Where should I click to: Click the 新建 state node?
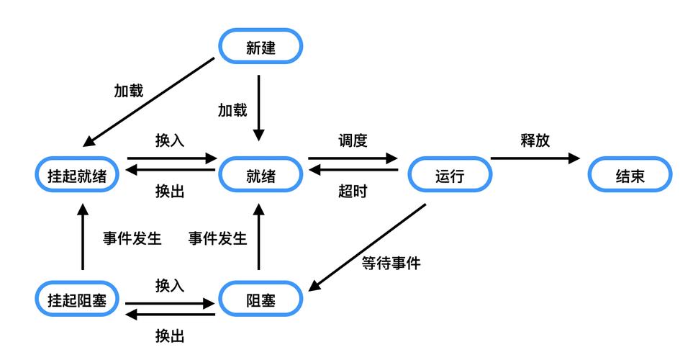[x=261, y=48]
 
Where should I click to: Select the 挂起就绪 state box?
[x=78, y=176]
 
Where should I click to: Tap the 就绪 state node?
[x=261, y=176]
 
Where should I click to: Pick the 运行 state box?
[x=450, y=176]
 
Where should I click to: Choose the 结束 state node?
[x=630, y=176]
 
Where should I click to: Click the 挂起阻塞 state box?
[x=78, y=300]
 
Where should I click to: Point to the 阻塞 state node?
[x=261, y=300]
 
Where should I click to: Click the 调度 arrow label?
[x=353, y=140]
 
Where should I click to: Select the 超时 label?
[x=353, y=192]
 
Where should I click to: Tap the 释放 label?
[x=535, y=140]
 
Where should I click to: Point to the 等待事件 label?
[x=391, y=263]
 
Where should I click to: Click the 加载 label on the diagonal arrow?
[x=129, y=91]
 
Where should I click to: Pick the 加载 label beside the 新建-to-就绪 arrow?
[x=232, y=110]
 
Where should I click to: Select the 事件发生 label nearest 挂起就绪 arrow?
[x=132, y=238]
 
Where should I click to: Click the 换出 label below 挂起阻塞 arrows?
[x=170, y=335]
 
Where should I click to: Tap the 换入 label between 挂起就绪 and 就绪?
[x=170, y=140]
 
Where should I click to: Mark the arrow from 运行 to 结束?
[x=535, y=158]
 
